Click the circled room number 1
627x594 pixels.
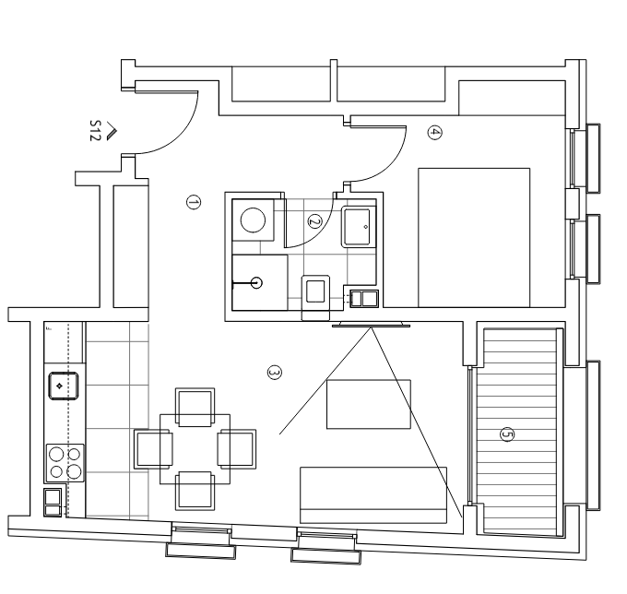194,202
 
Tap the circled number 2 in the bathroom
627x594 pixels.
314,221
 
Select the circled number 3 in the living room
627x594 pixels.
275,373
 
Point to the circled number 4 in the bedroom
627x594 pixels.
434,133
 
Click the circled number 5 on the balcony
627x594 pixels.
507,434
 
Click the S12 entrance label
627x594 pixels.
95,130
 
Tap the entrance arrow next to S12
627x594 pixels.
112,131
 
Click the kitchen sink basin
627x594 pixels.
64,386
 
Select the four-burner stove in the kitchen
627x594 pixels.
65,463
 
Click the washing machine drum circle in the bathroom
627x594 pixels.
253,220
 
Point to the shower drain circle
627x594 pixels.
256,283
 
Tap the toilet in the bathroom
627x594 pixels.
315,297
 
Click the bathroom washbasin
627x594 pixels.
359,227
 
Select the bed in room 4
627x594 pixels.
474,238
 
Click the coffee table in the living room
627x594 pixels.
369,404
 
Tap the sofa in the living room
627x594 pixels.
373,494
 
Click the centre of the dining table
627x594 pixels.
195,449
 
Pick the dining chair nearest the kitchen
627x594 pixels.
154,449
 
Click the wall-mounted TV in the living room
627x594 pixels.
371,324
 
